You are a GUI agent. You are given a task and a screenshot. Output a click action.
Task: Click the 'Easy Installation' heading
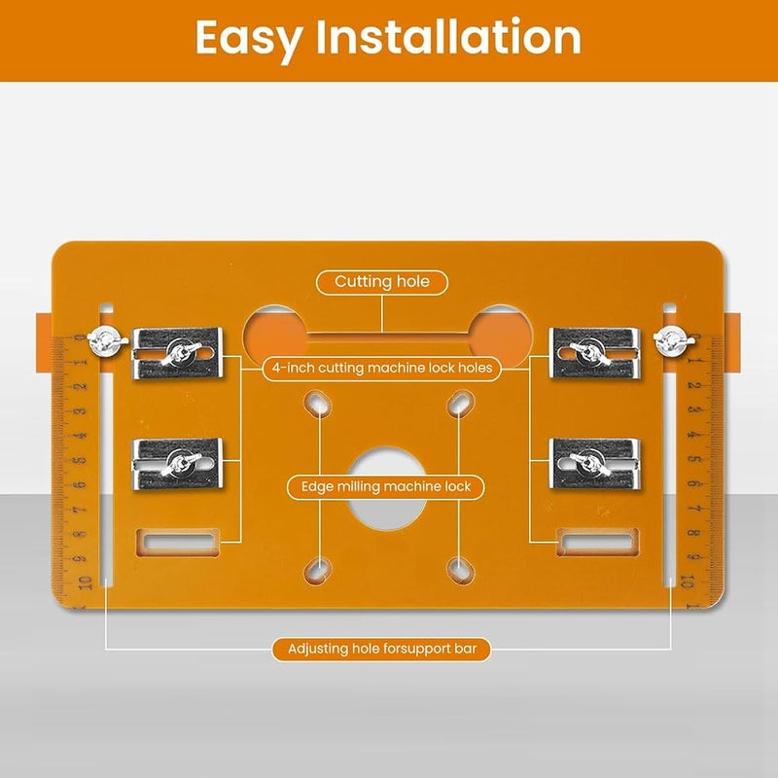coord(388,38)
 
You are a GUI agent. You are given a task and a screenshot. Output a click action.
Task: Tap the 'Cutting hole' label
coord(382,282)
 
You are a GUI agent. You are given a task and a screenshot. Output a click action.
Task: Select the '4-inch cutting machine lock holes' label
coord(382,369)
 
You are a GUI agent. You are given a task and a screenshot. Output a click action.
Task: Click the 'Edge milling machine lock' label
coord(385,487)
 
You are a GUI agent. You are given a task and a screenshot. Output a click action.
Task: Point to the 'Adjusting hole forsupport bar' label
coord(382,649)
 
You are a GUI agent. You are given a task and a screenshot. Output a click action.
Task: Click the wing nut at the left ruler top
coord(107,341)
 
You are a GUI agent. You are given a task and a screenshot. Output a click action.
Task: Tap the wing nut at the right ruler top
coord(673,341)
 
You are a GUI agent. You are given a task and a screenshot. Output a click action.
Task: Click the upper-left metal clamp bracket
coord(178,353)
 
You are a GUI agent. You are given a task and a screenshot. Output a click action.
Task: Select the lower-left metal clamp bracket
coord(178,464)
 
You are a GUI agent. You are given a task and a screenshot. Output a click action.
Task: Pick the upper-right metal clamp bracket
coord(595,353)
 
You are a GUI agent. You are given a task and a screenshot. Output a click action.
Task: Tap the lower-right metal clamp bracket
coord(595,464)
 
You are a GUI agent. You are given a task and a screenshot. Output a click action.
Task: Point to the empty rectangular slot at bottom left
coord(178,542)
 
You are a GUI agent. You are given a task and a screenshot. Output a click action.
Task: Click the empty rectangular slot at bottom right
coord(597,542)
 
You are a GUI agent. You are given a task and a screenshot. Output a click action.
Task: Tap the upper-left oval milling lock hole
coord(318,403)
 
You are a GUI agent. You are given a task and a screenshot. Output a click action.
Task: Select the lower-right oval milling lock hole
coord(461,570)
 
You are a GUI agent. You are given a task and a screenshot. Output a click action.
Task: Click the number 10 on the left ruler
coord(86,583)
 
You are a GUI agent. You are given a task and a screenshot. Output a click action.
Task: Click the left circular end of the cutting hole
coord(275,334)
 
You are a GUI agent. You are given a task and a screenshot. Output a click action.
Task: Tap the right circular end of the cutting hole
coord(500,334)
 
